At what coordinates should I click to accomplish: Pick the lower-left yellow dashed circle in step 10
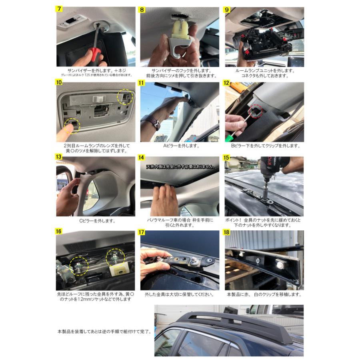(72, 125)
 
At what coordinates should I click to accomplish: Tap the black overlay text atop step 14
(180, 166)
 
